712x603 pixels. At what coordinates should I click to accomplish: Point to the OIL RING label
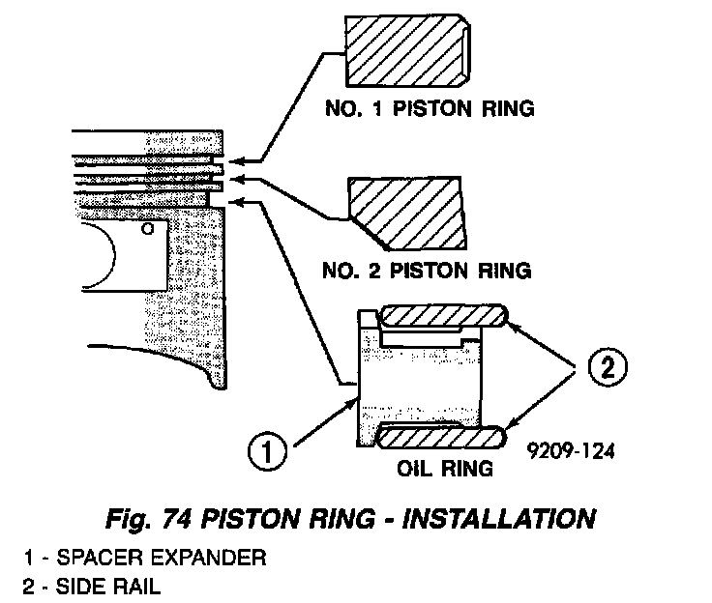(x=446, y=469)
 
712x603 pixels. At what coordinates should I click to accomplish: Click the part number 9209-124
(x=572, y=449)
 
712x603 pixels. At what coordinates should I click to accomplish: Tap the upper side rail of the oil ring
(x=441, y=317)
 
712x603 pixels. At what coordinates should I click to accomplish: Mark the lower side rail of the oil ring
(x=441, y=437)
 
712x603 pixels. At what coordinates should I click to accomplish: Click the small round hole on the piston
(x=146, y=230)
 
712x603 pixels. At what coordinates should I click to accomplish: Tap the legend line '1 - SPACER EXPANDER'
(x=145, y=558)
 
